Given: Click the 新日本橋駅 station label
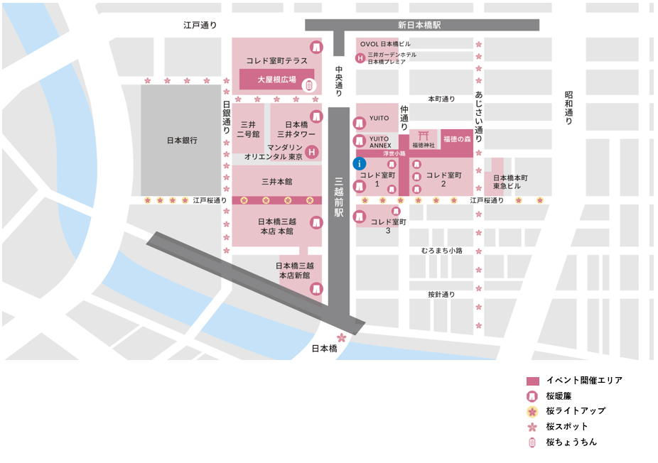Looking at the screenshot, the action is [x=419, y=25].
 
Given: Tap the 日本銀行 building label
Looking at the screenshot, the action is [x=180, y=141].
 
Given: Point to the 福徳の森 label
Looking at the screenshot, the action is [x=457, y=139].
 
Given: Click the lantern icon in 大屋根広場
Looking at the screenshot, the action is [x=309, y=85].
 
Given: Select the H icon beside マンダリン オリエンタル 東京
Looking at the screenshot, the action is [x=311, y=151].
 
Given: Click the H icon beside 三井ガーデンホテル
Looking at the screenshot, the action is [x=360, y=58].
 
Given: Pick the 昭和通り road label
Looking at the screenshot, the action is [x=568, y=108].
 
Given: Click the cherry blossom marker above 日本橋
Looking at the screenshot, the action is [x=341, y=337].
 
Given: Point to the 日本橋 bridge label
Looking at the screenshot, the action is [x=324, y=349].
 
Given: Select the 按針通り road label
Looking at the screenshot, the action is [x=441, y=294].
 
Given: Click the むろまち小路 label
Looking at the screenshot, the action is [x=441, y=251].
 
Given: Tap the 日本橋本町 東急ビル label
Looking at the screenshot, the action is [x=510, y=182].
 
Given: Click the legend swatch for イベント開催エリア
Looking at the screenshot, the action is [x=533, y=381].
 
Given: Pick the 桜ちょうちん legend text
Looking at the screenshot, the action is [x=571, y=442].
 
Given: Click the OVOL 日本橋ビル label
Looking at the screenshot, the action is [x=385, y=44].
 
